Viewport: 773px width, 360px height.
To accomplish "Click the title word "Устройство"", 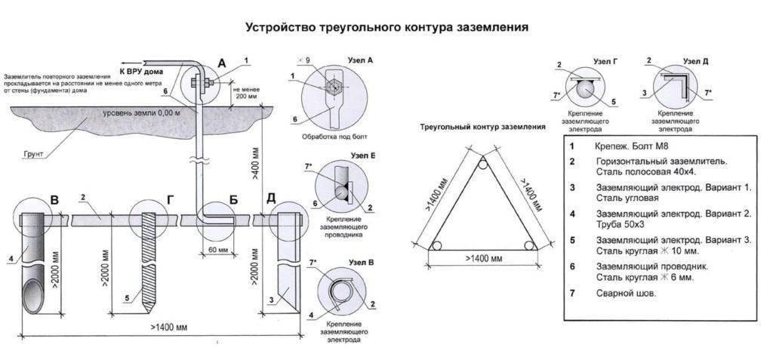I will (277, 27).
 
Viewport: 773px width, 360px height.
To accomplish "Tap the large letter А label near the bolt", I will (221, 66).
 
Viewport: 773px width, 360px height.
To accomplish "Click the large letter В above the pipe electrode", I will (54, 200).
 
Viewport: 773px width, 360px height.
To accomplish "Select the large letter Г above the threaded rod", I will (169, 200).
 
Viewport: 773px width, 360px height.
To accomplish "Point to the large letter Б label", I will (234, 200).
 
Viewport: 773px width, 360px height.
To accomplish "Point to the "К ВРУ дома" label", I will (140, 71).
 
